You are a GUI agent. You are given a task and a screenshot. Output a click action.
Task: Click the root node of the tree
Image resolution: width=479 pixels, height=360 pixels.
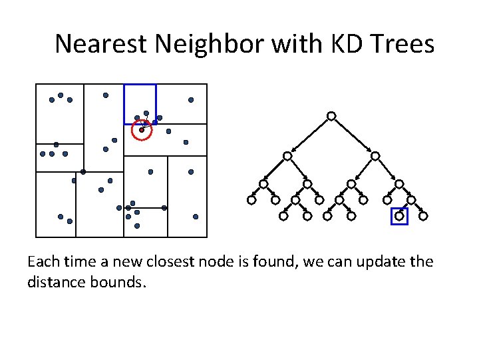pyautogui.click(x=331, y=116)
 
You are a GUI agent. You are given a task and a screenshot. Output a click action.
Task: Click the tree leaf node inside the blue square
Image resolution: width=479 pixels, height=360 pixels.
pyautogui.click(x=399, y=216)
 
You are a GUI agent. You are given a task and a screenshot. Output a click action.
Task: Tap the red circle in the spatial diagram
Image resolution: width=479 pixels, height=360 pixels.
pyautogui.click(x=142, y=131)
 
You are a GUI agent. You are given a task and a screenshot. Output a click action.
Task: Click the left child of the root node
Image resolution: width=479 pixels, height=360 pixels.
pyautogui.click(x=287, y=156)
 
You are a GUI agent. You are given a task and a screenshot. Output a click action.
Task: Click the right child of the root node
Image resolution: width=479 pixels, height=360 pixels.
pyautogui.click(x=375, y=156)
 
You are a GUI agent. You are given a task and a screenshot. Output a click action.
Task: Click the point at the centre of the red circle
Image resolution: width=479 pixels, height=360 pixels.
pyautogui.click(x=142, y=130)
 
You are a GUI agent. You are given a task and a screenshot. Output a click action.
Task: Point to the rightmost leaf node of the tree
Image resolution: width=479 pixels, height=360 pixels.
pyautogui.click(x=423, y=216)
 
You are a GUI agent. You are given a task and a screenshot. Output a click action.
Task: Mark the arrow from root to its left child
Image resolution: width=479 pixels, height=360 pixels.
pyautogui.click(x=309, y=136)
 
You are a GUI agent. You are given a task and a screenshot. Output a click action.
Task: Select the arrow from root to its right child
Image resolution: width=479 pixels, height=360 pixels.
pyautogui.click(x=353, y=136)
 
